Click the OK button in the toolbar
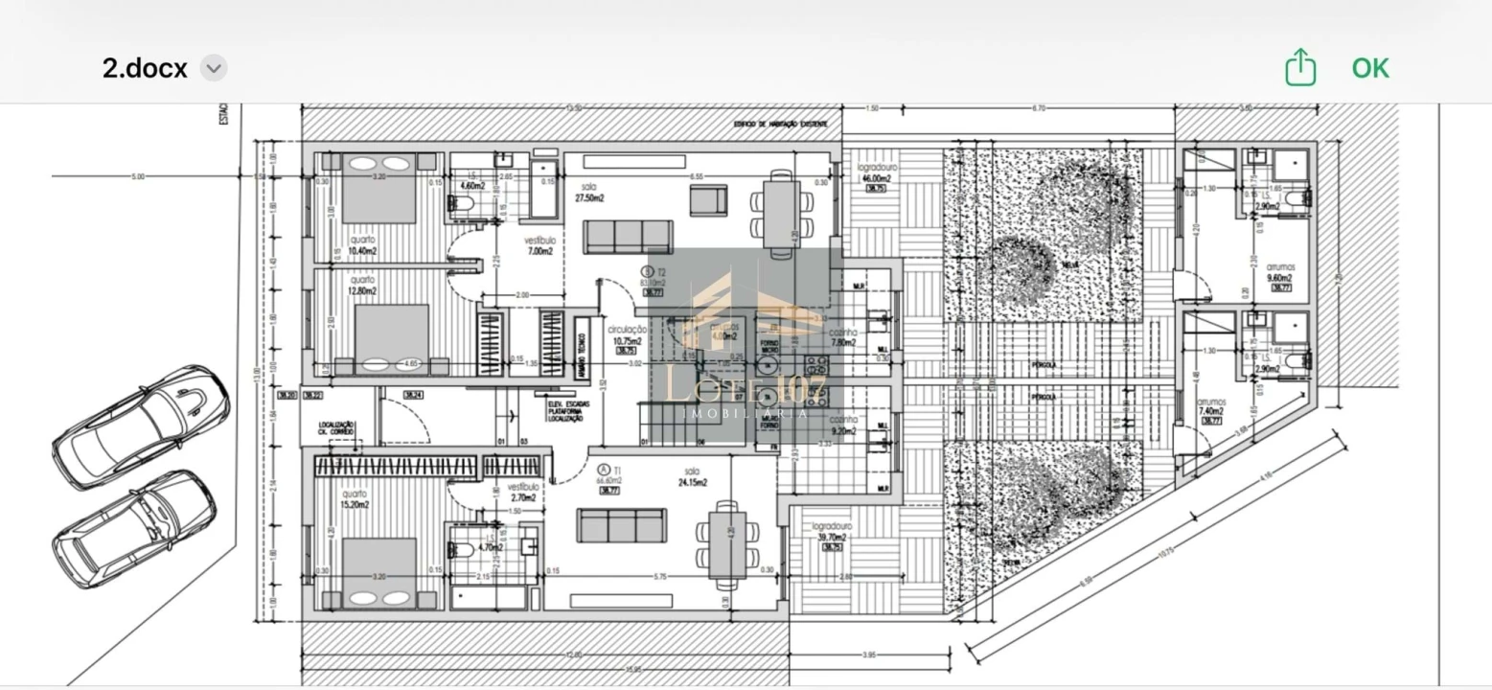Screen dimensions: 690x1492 click(x=1369, y=68)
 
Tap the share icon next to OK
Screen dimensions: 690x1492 click(x=1300, y=68)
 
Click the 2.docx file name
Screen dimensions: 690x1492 click(x=145, y=68)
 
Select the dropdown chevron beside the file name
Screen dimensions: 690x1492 click(x=214, y=68)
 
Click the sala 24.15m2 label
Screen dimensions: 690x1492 click(x=692, y=477)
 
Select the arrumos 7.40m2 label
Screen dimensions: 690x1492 click(x=1211, y=407)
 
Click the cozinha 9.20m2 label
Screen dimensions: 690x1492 click(x=843, y=425)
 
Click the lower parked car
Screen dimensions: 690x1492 click(x=134, y=529)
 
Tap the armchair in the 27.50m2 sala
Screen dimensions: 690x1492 click(x=708, y=200)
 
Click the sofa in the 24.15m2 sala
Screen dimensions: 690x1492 click(x=621, y=525)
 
